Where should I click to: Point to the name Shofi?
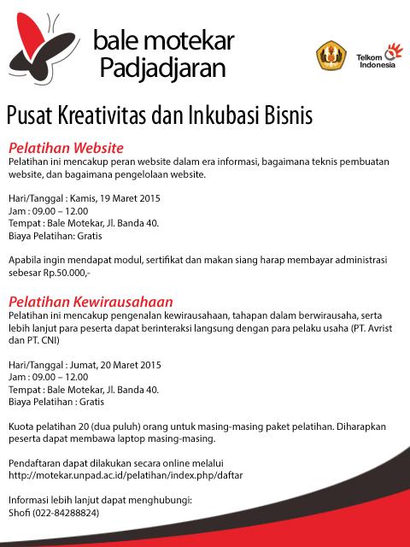[x=17, y=513]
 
